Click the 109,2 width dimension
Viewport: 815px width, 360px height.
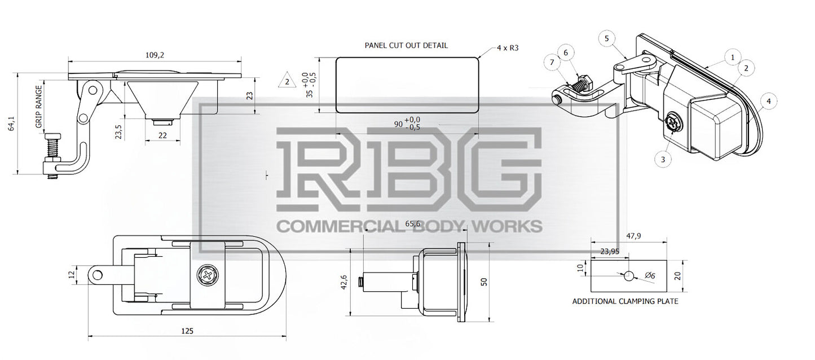click(155, 55)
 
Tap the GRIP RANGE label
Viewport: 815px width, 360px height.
click(39, 107)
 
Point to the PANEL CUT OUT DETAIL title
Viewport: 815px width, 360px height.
click(406, 46)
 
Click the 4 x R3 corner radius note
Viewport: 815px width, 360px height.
click(508, 48)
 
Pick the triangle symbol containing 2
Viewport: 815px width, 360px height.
click(287, 80)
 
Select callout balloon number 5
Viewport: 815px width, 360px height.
click(606, 38)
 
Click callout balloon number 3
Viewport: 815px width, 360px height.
click(663, 159)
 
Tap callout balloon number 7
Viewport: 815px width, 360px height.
click(552, 63)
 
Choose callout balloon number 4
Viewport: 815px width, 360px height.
click(768, 101)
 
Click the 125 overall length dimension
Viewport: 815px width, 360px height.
click(187, 331)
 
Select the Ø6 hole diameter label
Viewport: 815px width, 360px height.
click(650, 276)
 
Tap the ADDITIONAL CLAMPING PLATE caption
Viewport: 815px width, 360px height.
click(625, 301)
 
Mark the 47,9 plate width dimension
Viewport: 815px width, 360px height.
click(633, 236)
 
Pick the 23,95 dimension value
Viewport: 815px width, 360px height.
click(610, 251)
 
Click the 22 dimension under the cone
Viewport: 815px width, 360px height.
click(162, 135)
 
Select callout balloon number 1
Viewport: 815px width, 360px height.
click(733, 58)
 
